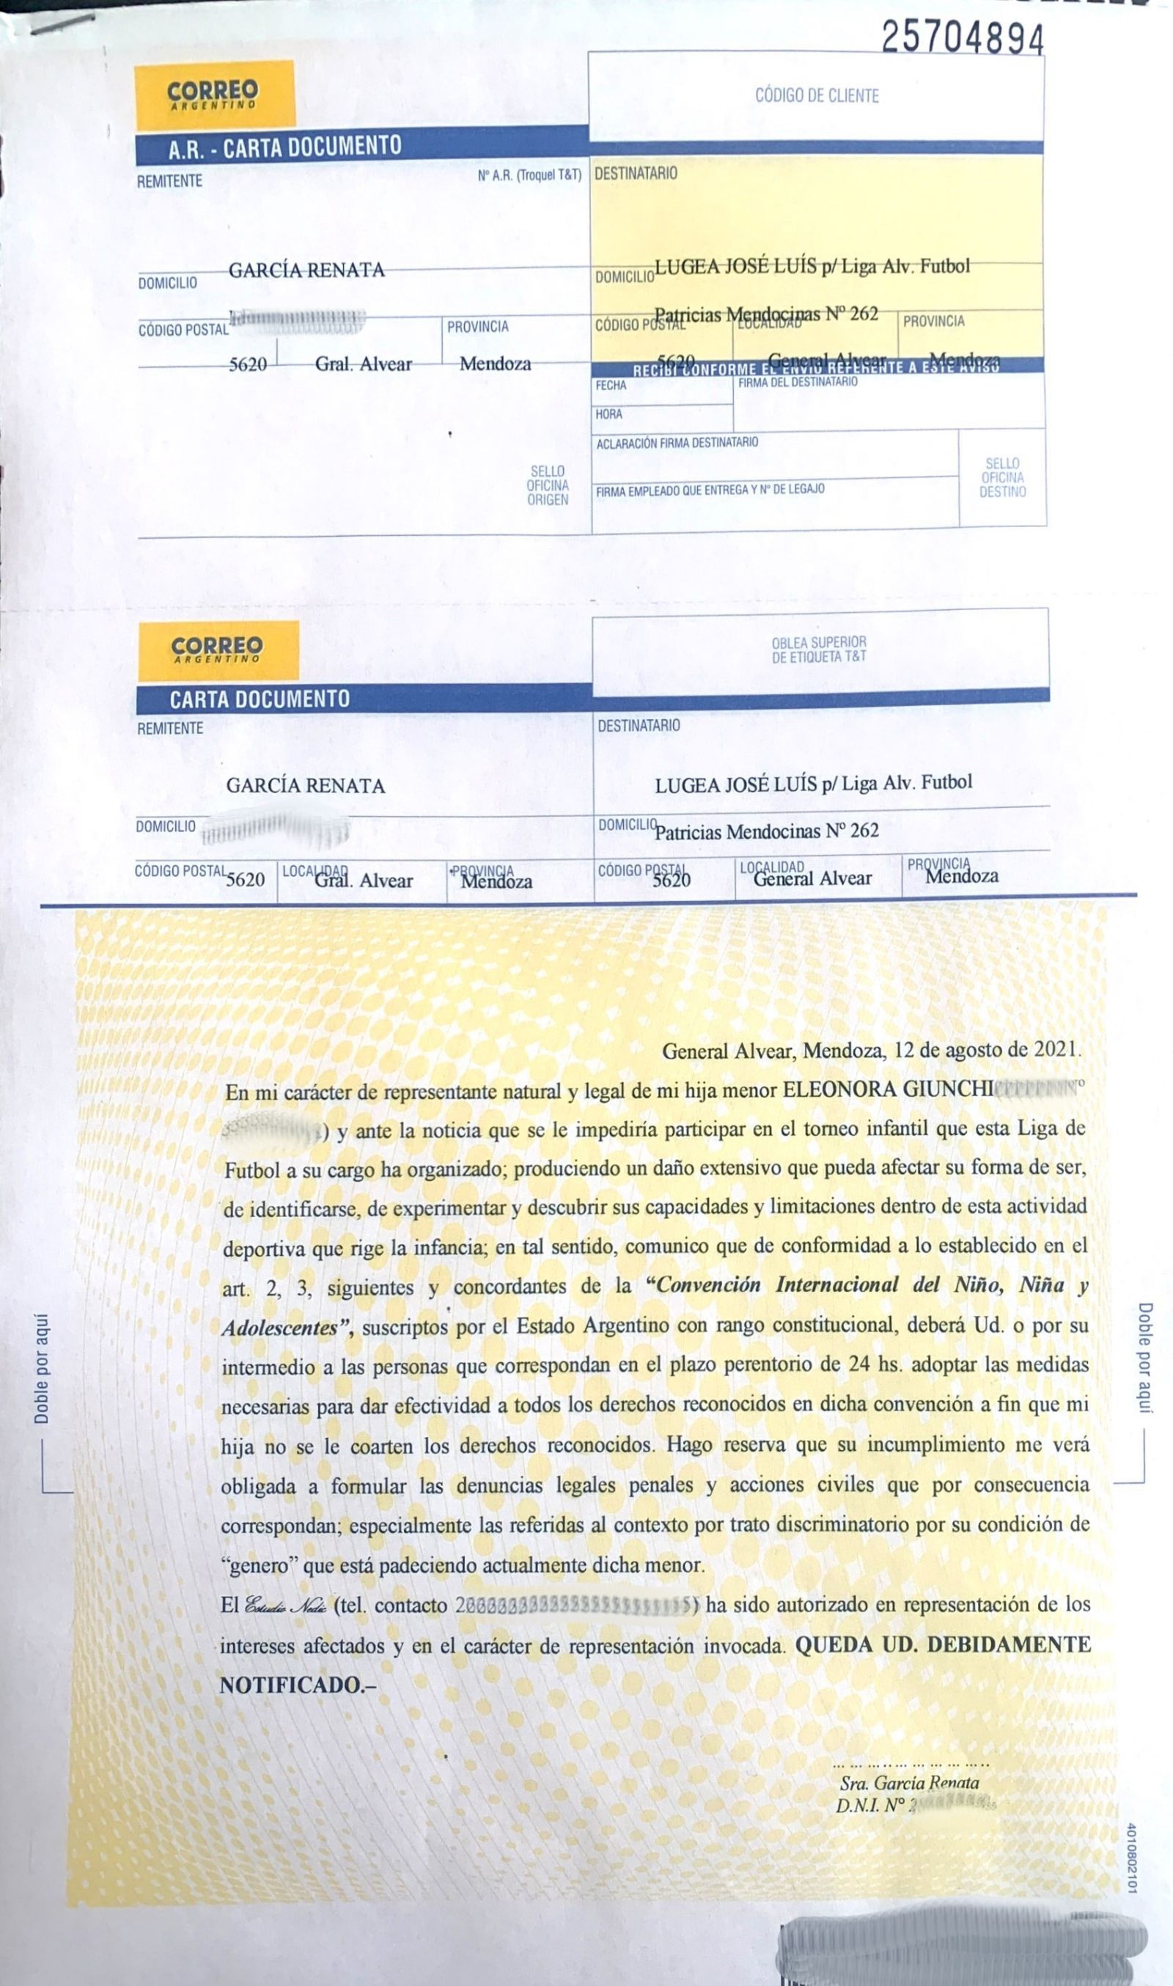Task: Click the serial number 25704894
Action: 962,38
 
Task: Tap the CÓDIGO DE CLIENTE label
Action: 817,95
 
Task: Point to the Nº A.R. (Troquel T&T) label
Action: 529,175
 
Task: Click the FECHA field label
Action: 611,386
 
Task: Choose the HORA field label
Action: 608,414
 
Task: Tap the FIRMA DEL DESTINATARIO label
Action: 797,382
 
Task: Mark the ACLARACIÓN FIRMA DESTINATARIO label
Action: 677,443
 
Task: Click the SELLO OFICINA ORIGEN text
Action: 548,485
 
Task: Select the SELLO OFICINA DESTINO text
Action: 1002,477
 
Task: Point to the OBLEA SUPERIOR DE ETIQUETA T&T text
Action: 819,650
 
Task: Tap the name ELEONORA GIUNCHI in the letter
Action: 887,1091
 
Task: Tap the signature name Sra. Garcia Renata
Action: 909,1782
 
